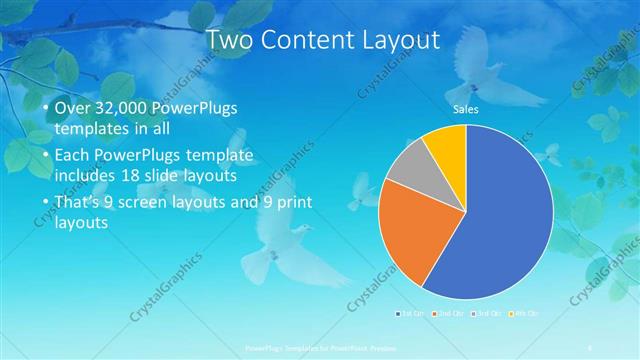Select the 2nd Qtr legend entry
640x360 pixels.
[448, 315]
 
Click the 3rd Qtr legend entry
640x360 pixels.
[484, 315]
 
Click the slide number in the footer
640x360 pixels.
[592, 346]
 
